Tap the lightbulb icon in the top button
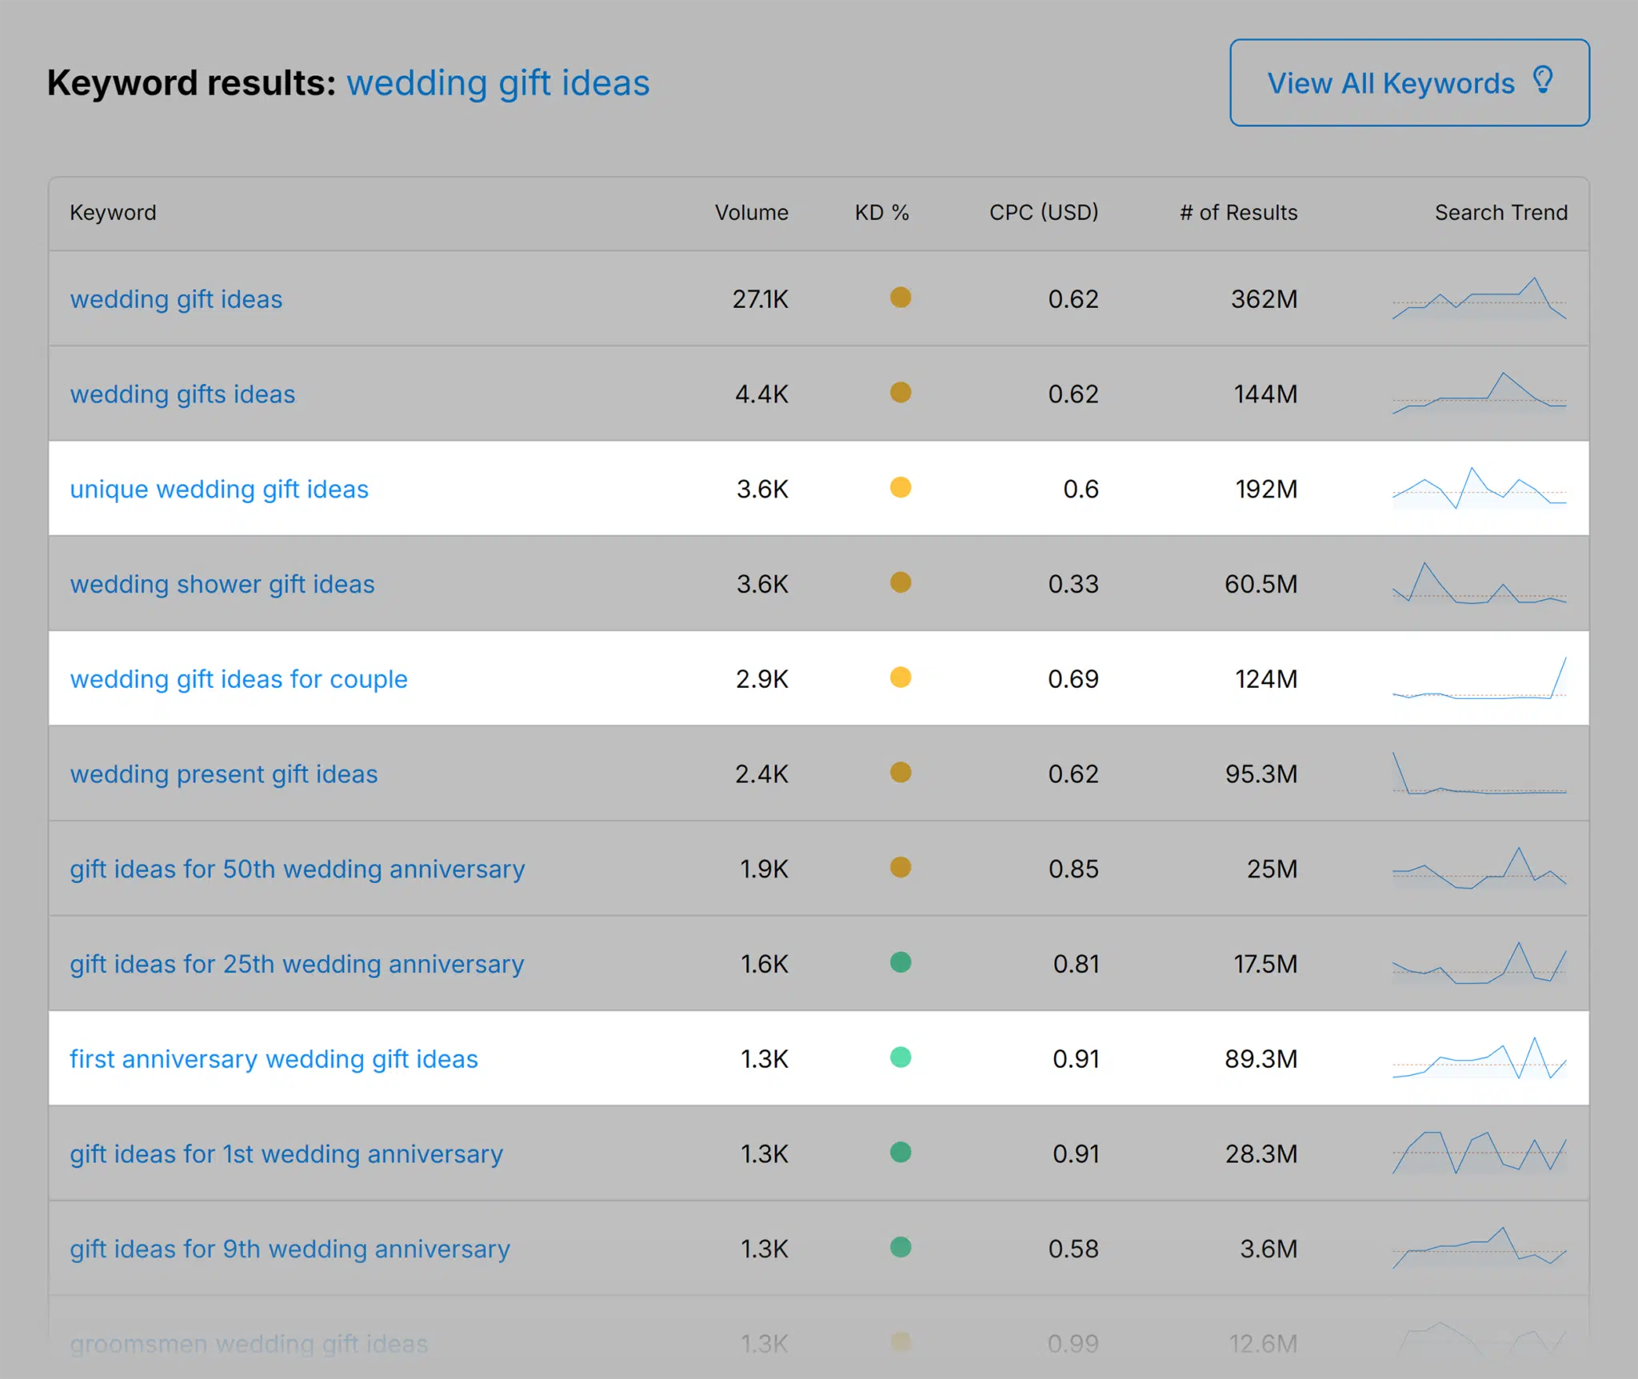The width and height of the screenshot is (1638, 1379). pyautogui.click(x=1543, y=80)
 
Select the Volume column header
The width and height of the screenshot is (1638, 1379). pyautogui.click(x=751, y=213)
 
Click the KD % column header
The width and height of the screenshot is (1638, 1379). pyautogui.click(x=881, y=213)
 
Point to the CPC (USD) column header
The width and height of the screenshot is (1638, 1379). pyautogui.click(x=1043, y=213)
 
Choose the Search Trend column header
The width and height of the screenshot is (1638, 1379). pyautogui.click(x=1500, y=213)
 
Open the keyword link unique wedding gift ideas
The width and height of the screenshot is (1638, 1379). pyautogui.click(x=219, y=489)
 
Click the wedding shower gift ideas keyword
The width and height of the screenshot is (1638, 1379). pyautogui.click(x=222, y=584)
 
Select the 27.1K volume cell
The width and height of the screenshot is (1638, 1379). pyautogui.click(x=760, y=299)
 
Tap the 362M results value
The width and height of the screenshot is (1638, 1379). pyautogui.click(x=1264, y=299)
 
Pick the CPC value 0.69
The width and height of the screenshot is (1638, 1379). pyautogui.click(x=1073, y=679)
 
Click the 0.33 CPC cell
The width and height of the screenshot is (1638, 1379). pyautogui.click(x=1073, y=584)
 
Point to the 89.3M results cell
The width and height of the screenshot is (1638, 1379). pyautogui.click(x=1260, y=1059)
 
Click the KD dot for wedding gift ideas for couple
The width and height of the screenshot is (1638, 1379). pyautogui.click(x=901, y=678)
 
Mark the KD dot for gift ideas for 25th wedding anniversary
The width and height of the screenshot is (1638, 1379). pyautogui.click(x=901, y=962)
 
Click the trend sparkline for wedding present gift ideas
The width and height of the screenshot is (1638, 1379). pyautogui.click(x=1479, y=774)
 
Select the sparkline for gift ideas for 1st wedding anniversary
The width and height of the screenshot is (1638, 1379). pyautogui.click(x=1479, y=1153)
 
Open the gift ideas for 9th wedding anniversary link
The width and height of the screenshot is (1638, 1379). pyautogui.click(x=290, y=1249)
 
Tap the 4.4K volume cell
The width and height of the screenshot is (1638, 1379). pyautogui.click(x=761, y=394)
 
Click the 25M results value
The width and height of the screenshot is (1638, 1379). pyautogui.click(x=1272, y=869)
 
